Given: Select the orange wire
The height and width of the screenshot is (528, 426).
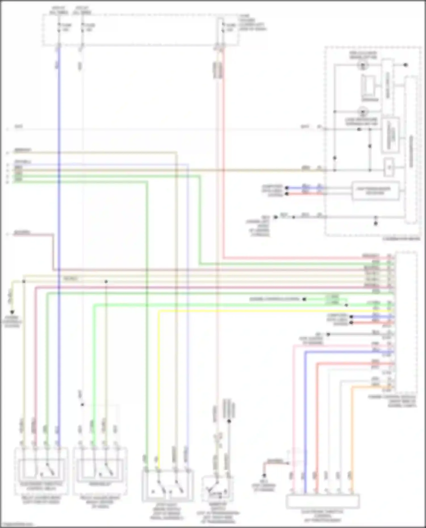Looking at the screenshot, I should (352, 426).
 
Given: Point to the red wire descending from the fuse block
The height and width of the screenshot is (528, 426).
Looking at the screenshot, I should (223, 170).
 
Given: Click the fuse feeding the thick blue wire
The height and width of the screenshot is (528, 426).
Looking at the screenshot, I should (59, 27).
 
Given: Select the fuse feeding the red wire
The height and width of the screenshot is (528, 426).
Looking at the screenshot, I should (223, 27).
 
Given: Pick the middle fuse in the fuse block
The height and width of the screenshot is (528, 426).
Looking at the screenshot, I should (82, 27).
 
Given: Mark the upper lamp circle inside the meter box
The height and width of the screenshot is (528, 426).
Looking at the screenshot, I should (363, 66).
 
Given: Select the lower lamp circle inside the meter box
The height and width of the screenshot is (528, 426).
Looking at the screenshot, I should (363, 112).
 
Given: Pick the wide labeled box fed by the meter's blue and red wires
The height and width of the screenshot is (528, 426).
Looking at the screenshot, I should (375, 191).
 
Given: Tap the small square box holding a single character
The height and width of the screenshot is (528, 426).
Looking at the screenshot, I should (389, 167).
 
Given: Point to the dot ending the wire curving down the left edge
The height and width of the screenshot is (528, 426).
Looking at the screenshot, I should (12, 312).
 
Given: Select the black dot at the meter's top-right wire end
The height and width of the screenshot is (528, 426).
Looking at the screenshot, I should (406, 65).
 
